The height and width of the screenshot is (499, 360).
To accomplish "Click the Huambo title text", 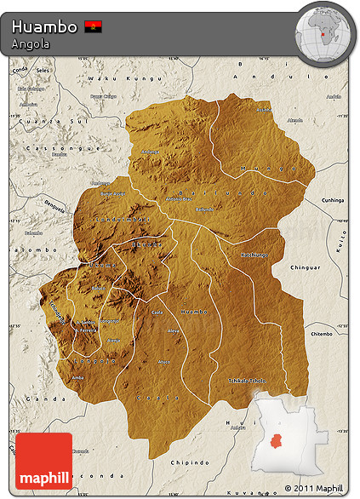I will coord(43,26).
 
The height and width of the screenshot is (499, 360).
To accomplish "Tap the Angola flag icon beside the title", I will coord(94,26).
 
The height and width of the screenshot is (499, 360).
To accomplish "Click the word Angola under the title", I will coord(31,44).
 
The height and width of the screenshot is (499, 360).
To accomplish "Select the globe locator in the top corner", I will coord(324,33).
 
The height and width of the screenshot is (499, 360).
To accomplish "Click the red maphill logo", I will coord(43,461).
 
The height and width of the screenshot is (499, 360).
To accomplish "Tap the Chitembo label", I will coord(322,335).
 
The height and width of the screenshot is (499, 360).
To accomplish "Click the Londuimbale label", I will coord(128,219).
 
